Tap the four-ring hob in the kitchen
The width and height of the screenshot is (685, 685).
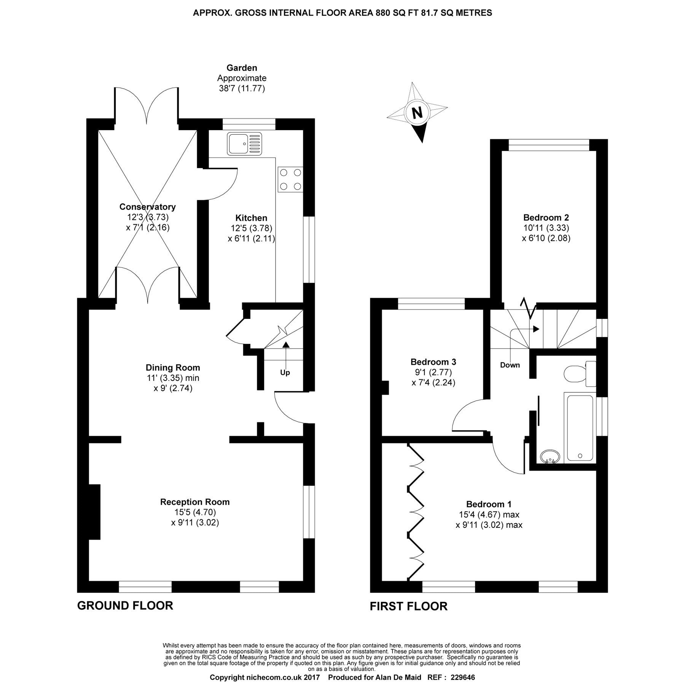291,179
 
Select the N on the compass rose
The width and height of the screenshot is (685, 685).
417,113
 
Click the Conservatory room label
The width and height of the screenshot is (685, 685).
147,207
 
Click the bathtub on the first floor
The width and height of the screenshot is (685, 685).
580,428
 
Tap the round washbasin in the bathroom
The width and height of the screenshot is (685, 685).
550,456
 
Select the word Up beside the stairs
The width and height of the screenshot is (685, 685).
285,373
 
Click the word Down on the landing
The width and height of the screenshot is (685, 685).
510,365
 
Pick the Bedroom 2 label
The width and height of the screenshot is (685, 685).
546,218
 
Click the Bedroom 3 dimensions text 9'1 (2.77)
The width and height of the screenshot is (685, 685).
433,372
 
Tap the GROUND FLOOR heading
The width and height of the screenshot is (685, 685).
125,605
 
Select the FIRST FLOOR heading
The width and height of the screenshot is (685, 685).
408,606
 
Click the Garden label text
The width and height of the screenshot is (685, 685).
242,68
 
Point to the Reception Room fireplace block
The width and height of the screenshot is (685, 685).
94,511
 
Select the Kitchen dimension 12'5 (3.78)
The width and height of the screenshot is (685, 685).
251,228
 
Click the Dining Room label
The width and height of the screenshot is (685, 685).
173,368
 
